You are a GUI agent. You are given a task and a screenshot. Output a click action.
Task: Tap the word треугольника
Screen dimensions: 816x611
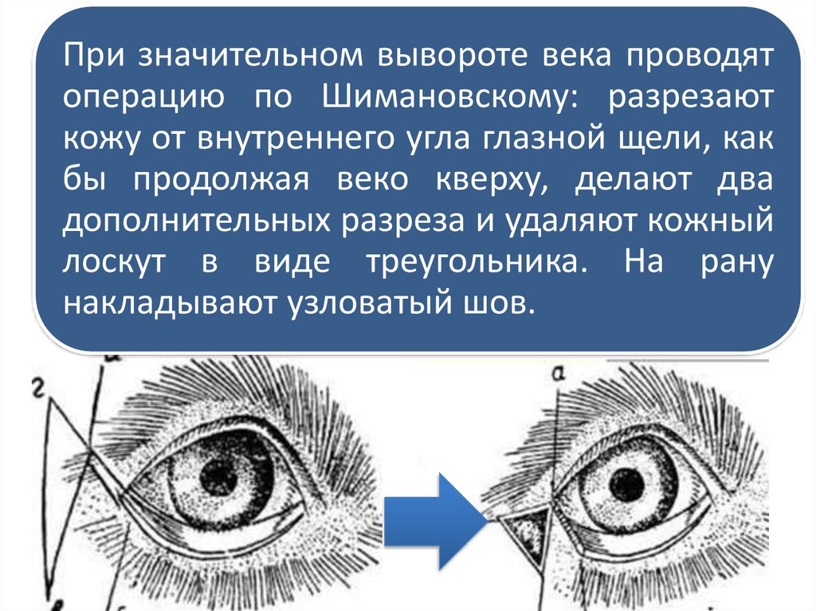(x=477, y=262)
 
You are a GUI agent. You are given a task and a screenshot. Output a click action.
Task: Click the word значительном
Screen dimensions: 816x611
(x=250, y=56)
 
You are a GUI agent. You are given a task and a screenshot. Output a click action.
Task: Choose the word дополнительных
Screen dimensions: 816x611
(x=197, y=220)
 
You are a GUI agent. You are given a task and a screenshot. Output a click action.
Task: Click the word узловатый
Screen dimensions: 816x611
(x=370, y=304)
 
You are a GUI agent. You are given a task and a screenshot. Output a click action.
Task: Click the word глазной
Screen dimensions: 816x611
(x=544, y=137)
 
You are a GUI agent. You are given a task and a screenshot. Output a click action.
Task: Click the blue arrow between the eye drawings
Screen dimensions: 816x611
(x=436, y=520)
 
